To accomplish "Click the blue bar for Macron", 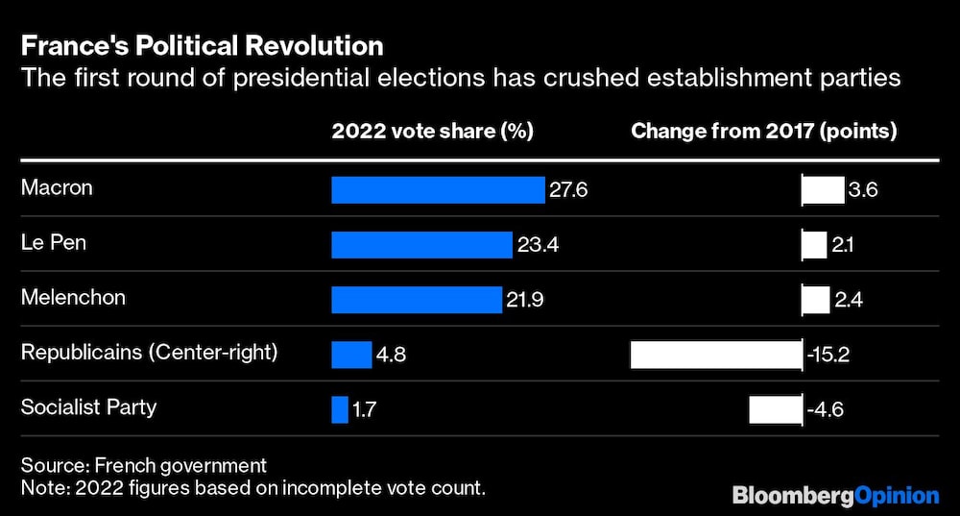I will pos(438,190).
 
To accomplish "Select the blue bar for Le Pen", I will pos(421,245).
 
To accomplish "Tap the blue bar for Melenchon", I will pos(417,300).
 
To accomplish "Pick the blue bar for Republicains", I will pos(351,355).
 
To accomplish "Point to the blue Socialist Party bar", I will pos(340,409).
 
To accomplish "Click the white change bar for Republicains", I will pos(715,355).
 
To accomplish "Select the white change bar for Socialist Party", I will pos(775,409).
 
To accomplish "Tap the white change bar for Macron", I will pos(823,190).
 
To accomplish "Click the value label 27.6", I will pos(567,190).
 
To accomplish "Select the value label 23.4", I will pos(538,245).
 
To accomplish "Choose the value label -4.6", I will pos(825,410).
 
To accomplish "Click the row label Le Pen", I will pos(54,243).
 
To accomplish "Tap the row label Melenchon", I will pos(73,298).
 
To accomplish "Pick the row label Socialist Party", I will pos(88,407).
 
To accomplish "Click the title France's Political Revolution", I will pos(202,46).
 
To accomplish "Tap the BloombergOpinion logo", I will pos(835,496).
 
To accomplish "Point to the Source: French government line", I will pos(144,465).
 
